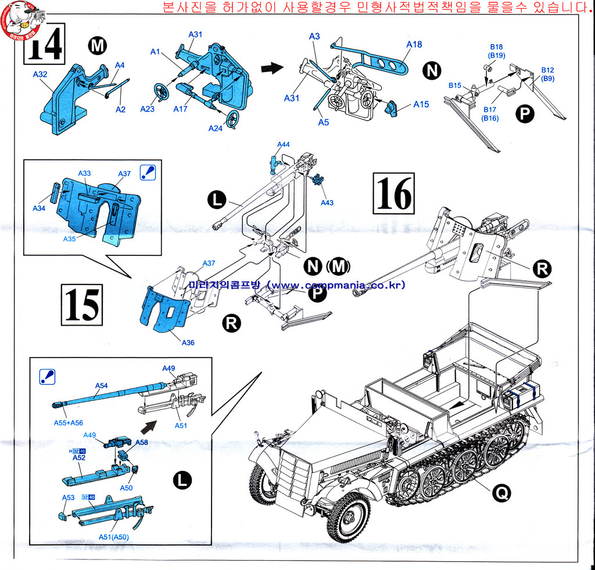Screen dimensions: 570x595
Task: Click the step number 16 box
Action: pos(394,194)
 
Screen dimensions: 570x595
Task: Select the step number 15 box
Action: pos(81,304)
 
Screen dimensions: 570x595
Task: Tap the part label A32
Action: pos(40,74)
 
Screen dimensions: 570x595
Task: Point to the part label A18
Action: pos(414,44)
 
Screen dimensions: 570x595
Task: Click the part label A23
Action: pos(148,109)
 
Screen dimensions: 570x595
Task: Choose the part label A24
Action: pos(216,128)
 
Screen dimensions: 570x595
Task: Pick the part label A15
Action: pos(421,104)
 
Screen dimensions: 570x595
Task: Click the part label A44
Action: pos(284,144)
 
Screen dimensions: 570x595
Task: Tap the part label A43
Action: pos(327,203)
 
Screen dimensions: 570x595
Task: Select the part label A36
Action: pos(188,342)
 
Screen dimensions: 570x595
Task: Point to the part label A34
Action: pos(40,208)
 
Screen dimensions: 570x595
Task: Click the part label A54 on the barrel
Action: pos(101,385)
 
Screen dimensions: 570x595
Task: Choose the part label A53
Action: pos(69,497)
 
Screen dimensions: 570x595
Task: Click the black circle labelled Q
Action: pos(501,493)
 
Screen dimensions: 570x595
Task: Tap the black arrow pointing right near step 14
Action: pos(268,68)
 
